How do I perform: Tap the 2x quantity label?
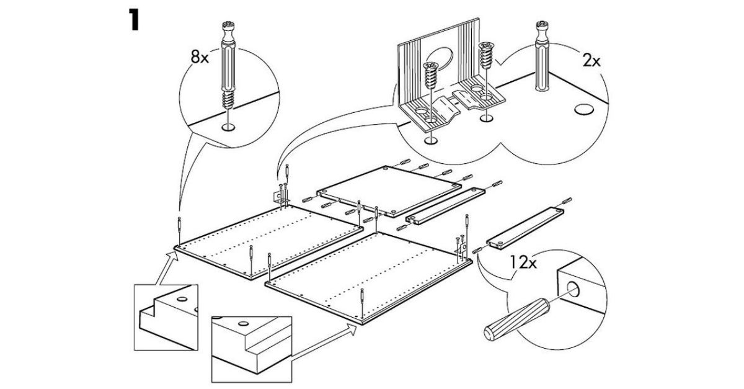[x=591, y=61]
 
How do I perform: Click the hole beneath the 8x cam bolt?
[x=227, y=127]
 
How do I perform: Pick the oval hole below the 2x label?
[x=583, y=110]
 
